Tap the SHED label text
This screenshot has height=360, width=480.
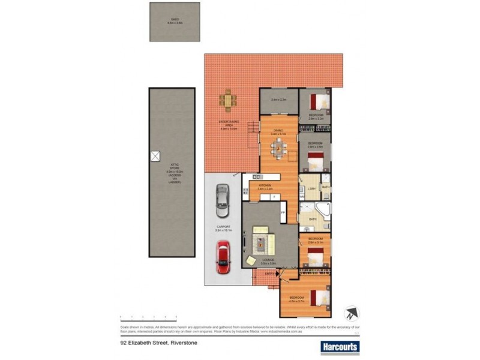(174, 20)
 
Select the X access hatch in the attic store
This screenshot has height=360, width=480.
(155, 155)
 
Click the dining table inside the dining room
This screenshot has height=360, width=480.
(278, 151)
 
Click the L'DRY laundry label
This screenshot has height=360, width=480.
(311, 190)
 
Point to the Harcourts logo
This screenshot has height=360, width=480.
(339, 346)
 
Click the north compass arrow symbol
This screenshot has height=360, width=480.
(350, 314)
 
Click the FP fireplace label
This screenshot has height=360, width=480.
(283, 213)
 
